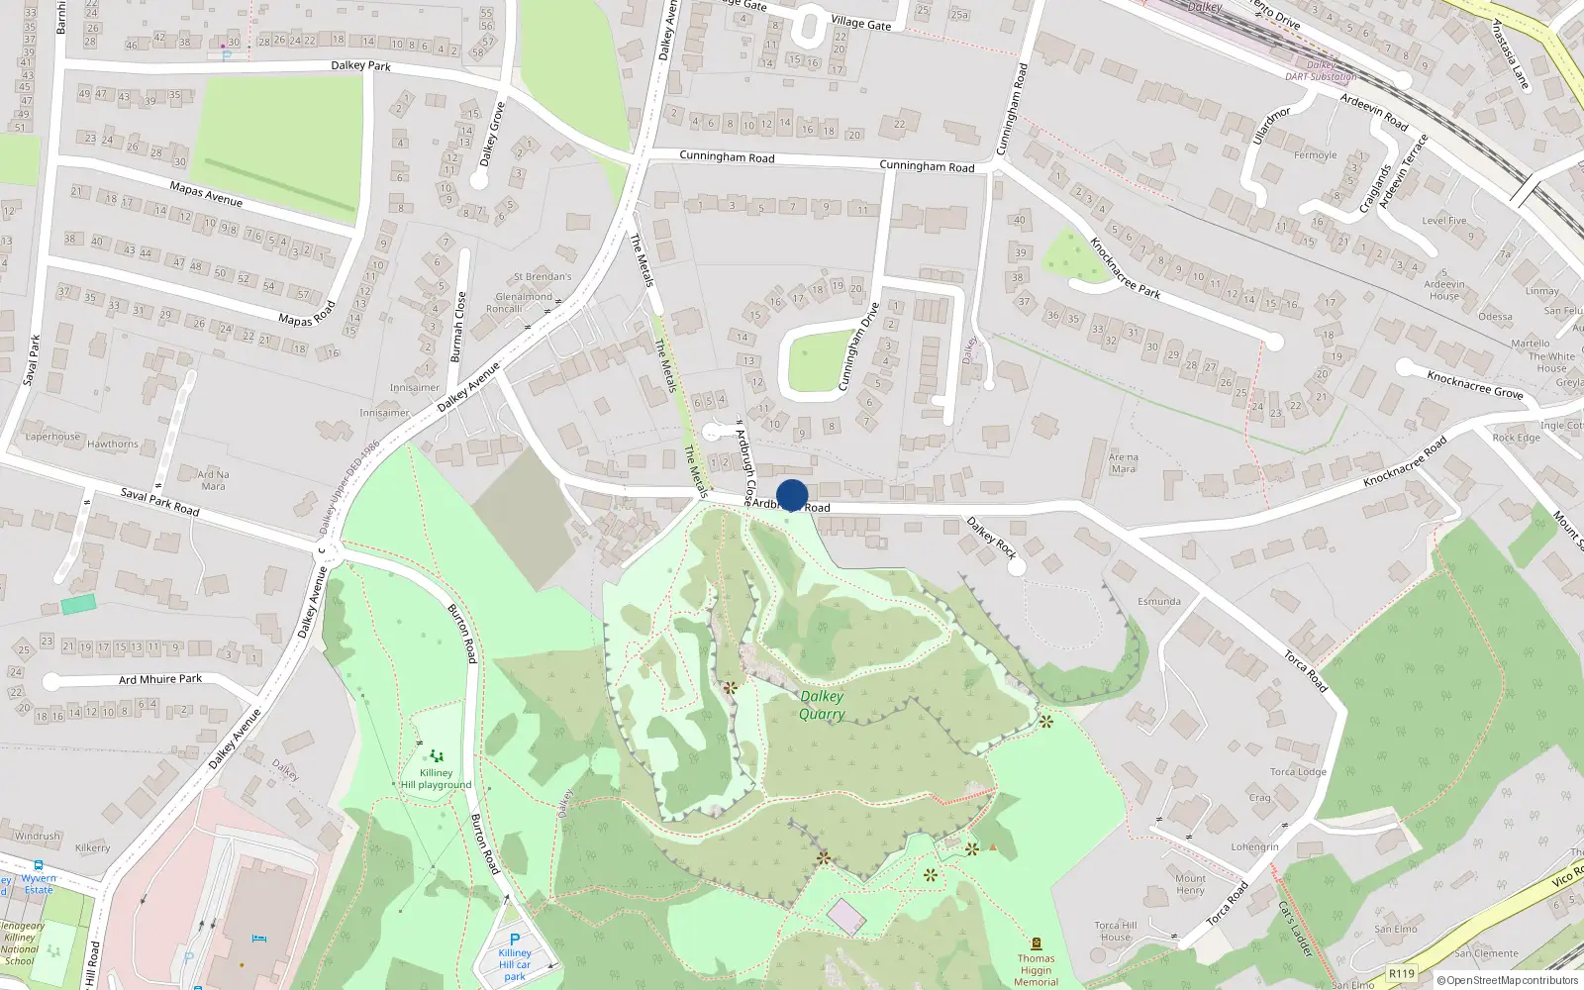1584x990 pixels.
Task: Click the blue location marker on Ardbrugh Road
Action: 792,495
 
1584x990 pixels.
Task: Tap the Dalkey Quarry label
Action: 822,705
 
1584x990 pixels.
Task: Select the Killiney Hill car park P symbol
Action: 515,940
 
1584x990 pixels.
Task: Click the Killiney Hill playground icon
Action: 436,756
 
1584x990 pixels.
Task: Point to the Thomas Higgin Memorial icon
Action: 1036,943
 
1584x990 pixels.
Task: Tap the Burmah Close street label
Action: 456,327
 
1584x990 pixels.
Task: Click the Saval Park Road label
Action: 159,502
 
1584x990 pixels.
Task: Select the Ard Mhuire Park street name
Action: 160,679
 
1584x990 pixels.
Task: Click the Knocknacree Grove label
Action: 1474,384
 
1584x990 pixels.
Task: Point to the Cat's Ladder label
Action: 1294,928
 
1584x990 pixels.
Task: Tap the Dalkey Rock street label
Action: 991,538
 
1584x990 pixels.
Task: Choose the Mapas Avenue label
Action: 206,194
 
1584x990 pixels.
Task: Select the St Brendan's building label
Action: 543,277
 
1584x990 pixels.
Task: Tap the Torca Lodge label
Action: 1298,772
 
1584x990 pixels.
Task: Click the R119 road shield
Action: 1402,973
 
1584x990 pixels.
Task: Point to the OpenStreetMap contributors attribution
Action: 1508,981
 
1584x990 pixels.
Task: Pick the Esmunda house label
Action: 1159,601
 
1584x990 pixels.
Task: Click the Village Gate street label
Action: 860,23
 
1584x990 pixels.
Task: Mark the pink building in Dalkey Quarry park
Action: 846,917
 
